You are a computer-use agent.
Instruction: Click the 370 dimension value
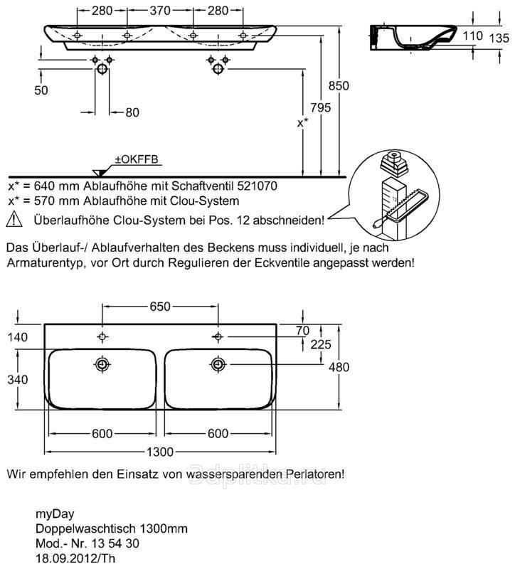coord(159,11)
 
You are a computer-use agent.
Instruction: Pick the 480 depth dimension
coord(339,367)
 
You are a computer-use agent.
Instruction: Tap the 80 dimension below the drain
coord(132,112)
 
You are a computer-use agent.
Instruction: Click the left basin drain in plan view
coord(102,365)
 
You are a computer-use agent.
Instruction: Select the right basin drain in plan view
coord(217,365)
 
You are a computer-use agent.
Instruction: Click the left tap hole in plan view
coord(102,336)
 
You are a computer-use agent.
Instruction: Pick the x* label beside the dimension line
coord(302,122)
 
